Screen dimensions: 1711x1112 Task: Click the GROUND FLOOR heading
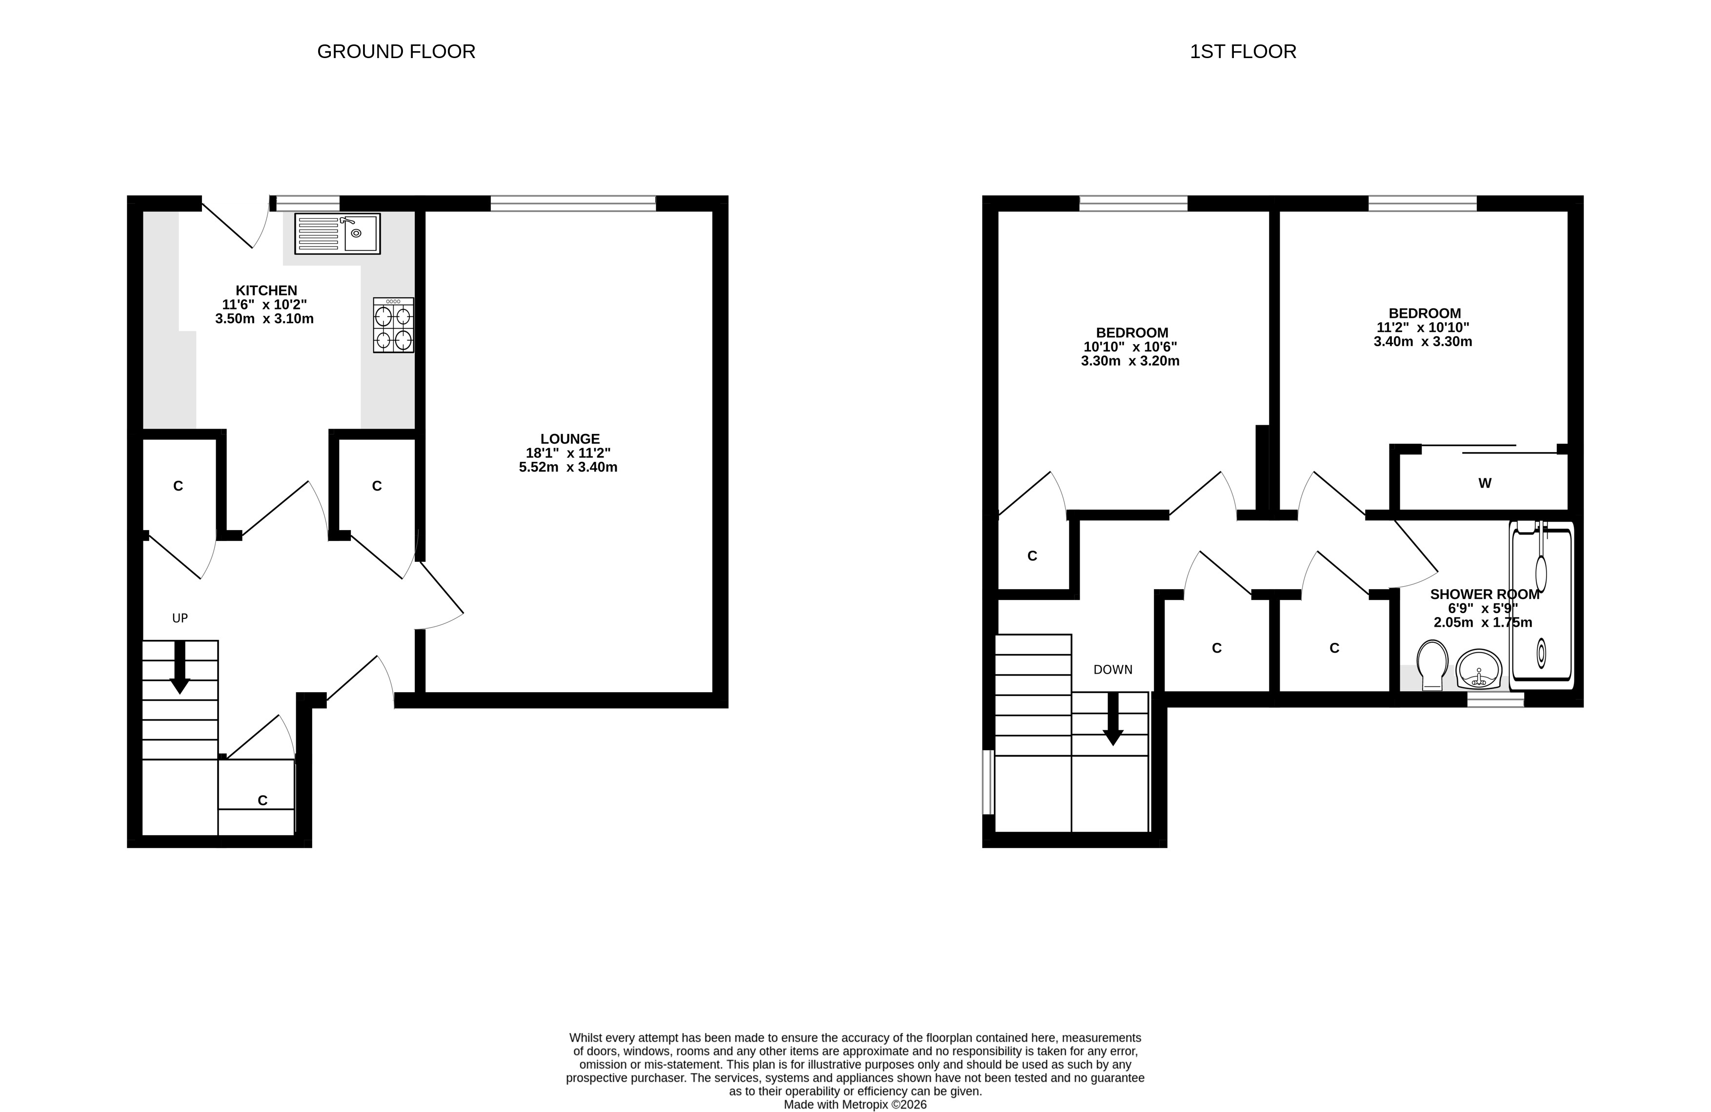[396, 52]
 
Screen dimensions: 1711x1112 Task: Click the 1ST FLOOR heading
[1243, 52]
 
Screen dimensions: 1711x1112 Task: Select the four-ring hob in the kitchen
[393, 325]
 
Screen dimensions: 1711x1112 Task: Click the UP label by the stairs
[180, 618]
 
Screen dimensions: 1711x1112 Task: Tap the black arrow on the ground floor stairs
[180, 667]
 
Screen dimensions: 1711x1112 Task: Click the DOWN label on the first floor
[1113, 670]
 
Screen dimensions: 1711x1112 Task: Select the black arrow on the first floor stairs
[1113, 719]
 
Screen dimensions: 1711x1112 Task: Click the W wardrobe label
[1485, 483]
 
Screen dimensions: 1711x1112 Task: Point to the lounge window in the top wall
[573, 204]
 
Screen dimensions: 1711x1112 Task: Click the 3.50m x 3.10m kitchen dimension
[264, 319]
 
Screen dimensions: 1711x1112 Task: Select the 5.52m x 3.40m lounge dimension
[568, 468]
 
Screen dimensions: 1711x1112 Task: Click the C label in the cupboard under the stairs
[262, 801]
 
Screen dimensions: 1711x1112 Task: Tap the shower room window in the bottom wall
[1495, 700]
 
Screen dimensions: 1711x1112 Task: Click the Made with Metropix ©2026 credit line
[856, 1105]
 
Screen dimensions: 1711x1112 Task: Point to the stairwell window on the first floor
[988, 783]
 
